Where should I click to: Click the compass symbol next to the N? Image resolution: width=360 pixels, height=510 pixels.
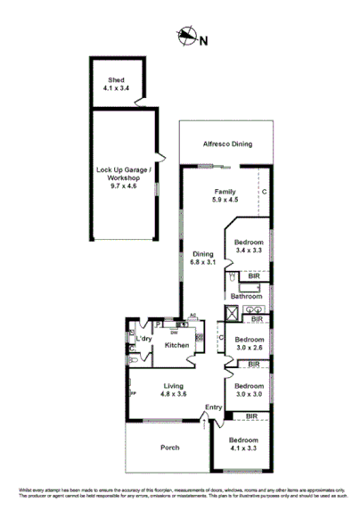point(185,37)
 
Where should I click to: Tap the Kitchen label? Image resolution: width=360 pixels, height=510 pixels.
point(176,345)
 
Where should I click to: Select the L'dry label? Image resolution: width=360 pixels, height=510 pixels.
point(142,340)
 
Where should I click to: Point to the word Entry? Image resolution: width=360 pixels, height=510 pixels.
point(213,407)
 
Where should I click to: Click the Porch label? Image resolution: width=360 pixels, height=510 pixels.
point(169,447)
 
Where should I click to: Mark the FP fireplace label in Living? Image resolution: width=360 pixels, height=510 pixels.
point(133,393)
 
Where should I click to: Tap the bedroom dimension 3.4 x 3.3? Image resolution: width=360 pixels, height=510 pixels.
point(249,252)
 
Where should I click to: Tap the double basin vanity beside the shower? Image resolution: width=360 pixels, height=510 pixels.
point(256,309)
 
